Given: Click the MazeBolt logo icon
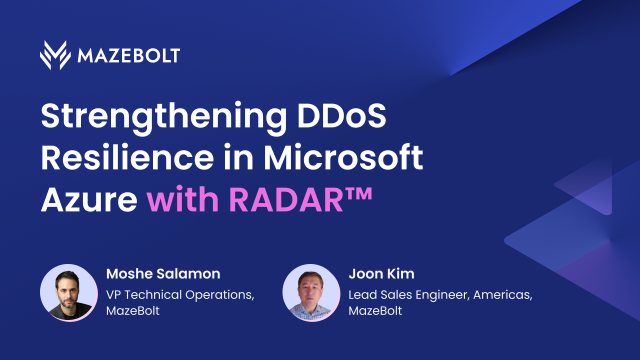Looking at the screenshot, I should point(55,55).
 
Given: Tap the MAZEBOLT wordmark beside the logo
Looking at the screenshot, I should point(128,55).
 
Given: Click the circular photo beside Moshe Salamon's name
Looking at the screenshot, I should point(68,293).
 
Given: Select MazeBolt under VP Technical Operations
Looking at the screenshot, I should point(134,313).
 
